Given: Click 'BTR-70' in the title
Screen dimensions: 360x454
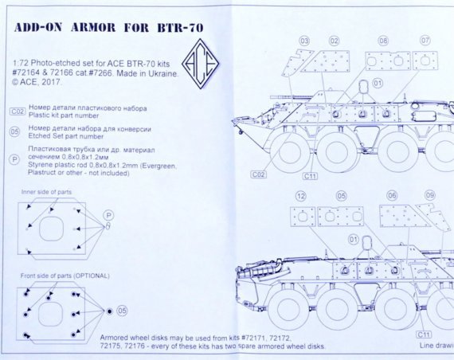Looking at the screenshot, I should pyautogui.click(x=176, y=27).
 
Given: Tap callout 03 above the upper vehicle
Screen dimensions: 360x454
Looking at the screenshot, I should pyautogui.click(x=304, y=40).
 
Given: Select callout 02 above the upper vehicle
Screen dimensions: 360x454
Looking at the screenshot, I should pyautogui.click(x=335, y=40).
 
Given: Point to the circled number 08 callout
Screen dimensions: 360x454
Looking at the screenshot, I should pyautogui.click(x=383, y=40).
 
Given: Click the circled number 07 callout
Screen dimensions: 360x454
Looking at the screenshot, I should pyautogui.click(x=425, y=40).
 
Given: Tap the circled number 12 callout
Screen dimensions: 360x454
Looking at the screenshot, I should pyautogui.click(x=300, y=195).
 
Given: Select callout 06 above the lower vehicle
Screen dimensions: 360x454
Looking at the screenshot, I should pyautogui.click(x=392, y=195).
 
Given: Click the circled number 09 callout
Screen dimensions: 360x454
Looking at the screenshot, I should pyautogui.click(x=429, y=195).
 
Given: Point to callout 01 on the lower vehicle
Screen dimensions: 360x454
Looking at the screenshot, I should pyautogui.click(x=353, y=239).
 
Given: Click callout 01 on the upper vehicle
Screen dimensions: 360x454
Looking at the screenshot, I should pyautogui.click(x=378, y=82).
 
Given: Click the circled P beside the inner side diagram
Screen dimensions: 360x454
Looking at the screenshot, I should pyautogui.click(x=110, y=214).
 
